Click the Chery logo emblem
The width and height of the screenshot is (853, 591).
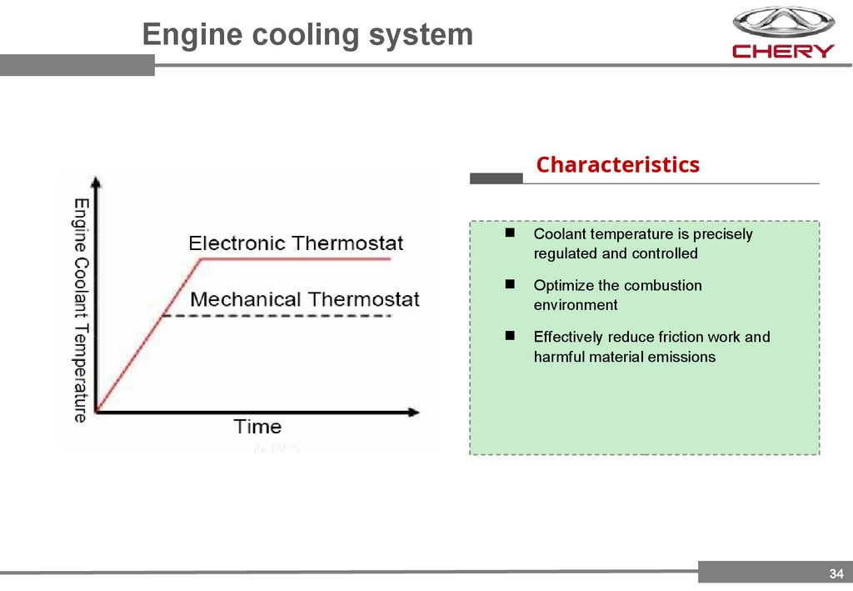pos(782,23)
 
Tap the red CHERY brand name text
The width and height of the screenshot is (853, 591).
pos(782,51)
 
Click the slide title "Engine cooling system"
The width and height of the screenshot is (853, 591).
pos(307,35)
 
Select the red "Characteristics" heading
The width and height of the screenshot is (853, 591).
pos(617,165)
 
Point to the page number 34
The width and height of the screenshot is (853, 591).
pos(836,573)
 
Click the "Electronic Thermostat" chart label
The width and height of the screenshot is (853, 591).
pos(296,243)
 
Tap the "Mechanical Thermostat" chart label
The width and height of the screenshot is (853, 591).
pos(305,299)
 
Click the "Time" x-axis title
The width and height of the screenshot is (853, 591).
pos(257,427)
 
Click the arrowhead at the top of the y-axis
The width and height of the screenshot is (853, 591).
pos(97,183)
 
